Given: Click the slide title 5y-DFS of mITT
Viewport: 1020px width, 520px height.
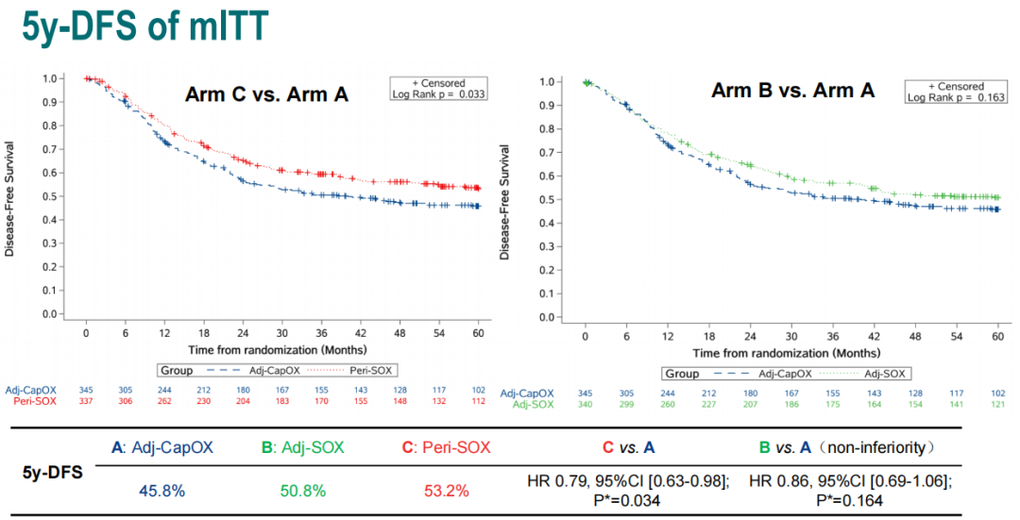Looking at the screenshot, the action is (x=144, y=26).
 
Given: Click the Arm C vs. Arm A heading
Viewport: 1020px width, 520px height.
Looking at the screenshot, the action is (x=266, y=94).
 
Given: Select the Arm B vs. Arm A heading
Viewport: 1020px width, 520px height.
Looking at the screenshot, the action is (x=793, y=91).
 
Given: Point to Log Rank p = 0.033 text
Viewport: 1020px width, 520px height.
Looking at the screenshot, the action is (x=438, y=94).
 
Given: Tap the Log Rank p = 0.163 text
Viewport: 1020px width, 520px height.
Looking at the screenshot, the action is (x=956, y=97).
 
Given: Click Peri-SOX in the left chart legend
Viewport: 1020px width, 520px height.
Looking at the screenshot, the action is (x=370, y=371).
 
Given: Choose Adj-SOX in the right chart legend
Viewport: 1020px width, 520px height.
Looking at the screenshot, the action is (x=885, y=374).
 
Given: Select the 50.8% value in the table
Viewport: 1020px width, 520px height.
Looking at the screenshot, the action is (x=302, y=491).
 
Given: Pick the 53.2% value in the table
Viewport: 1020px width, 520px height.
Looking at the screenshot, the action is (x=446, y=491).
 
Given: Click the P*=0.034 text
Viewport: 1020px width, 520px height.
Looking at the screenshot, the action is (x=628, y=500).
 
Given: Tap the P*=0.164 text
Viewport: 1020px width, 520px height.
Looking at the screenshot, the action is (x=850, y=500).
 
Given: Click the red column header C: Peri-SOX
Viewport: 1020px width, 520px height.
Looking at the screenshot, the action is (x=446, y=448).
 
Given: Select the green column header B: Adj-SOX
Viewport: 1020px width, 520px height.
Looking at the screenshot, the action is (x=302, y=448).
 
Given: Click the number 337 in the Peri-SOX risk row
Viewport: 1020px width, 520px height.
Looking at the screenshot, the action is (x=86, y=401).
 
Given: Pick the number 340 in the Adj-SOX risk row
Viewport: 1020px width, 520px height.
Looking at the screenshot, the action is (x=586, y=404).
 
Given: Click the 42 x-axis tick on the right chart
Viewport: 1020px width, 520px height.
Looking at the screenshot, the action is (x=875, y=336).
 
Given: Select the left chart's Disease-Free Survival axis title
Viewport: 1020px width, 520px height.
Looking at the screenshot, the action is (x=9, y=199).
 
